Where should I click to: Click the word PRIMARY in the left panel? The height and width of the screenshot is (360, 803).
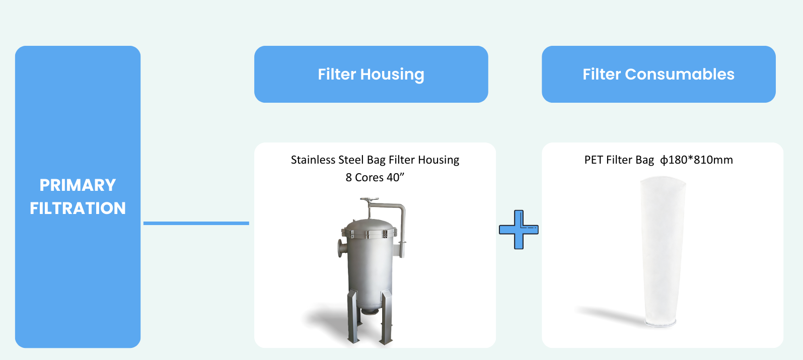point(78,185)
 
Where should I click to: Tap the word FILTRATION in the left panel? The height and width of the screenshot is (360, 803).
point(78,208)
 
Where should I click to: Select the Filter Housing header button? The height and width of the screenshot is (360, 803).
point(371,75)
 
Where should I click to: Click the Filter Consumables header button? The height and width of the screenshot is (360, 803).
point(659,75)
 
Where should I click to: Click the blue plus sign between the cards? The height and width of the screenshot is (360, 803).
point(519,230)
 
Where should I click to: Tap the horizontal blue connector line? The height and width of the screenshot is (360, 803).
point(196,223)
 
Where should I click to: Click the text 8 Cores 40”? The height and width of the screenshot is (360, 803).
point(375,177)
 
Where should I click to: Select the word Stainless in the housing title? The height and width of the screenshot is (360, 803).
point(313,160)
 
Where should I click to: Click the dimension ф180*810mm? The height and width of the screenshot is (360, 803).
point(696,160)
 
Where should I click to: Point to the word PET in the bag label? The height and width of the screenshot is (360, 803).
point(594,160)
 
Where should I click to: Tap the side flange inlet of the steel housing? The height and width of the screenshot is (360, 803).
point(341,248)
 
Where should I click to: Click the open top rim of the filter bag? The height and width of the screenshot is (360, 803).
point(663,181)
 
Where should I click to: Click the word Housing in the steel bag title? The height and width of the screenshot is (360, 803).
point(439,160)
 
